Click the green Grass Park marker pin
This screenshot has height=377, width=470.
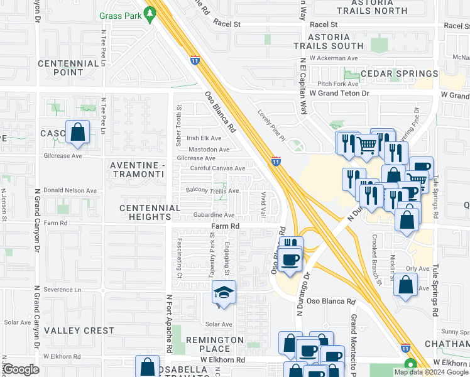[x=150, y=12]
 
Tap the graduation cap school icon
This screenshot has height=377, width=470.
[x=223, y=294]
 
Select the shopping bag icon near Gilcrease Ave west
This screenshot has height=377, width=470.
[x=77, y=133]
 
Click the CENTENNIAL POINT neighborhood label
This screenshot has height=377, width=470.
[x=68, y=68]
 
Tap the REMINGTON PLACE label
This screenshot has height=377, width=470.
[x=214, y=344]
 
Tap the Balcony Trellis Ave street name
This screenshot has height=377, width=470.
[x=212, y=190]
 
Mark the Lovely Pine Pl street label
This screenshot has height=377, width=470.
[x=271, y=125]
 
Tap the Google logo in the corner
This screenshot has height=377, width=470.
[x=21, y=369]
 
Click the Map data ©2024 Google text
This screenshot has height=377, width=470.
[x=431, y=372]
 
